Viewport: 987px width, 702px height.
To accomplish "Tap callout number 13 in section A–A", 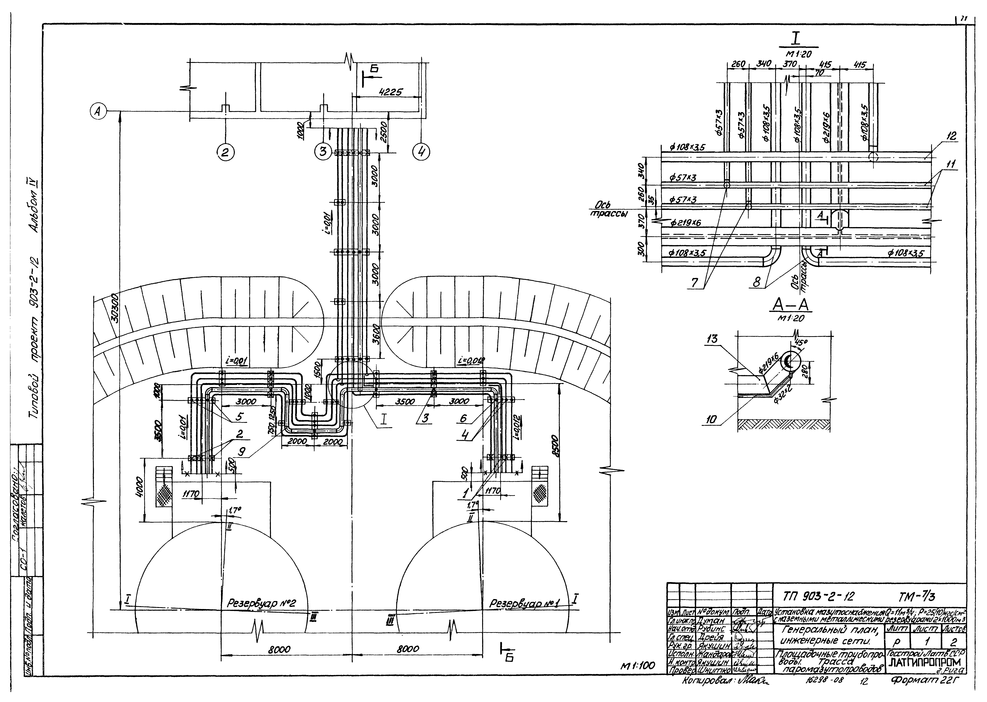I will point(711,339).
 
